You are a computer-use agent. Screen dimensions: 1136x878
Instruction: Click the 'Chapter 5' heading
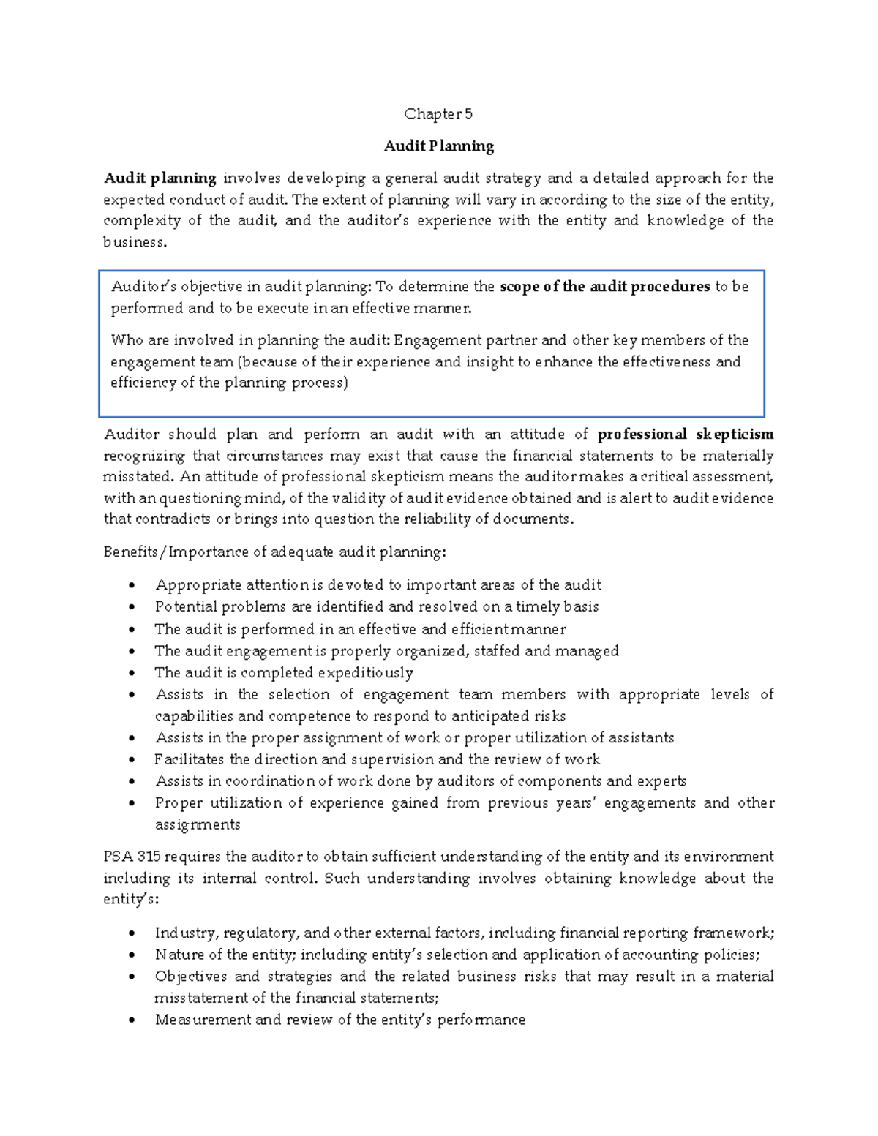438,114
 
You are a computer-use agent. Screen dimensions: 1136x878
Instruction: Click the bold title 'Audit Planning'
439,146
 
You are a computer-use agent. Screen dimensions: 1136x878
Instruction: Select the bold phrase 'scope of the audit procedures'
604,287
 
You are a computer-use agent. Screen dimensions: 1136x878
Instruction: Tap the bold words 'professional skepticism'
686,435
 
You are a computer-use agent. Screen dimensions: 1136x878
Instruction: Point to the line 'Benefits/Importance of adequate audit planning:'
274,552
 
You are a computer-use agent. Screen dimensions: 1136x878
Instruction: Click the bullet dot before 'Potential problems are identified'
132,607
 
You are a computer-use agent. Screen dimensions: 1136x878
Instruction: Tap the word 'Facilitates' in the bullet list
189,759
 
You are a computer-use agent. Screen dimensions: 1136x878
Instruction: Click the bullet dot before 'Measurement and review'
132,1020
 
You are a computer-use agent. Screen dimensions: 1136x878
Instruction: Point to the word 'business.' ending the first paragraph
135,243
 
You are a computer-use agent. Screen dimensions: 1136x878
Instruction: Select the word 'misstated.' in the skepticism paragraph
139,477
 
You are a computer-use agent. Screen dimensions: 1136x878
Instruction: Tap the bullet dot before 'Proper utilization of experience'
132,803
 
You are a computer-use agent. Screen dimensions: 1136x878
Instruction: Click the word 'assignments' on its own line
197,825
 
